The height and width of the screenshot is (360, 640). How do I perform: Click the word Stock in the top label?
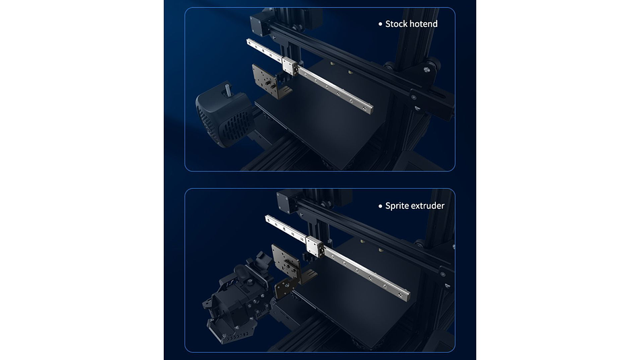pos(396,24)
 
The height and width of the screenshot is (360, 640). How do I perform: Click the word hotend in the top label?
pos(424,24)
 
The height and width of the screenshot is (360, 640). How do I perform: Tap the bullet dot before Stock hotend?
pos(381,24)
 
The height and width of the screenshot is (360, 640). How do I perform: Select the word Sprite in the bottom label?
pos(396,206)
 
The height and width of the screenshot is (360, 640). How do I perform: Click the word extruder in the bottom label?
pos(427,206)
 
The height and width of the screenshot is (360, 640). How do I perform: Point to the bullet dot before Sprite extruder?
pos(381,206)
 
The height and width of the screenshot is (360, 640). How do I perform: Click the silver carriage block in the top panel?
pos(290,66)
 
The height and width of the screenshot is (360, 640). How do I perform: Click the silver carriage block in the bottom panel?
pos(315,245)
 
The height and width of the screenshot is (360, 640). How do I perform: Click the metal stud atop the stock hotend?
pos(226,89)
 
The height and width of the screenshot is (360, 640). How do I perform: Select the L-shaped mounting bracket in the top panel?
pos(269,82)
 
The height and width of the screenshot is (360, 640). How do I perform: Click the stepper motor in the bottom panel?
pos(287,203)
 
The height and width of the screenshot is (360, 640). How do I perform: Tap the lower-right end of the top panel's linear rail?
pos(369,109)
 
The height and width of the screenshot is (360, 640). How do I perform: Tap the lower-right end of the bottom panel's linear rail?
pos(406,295)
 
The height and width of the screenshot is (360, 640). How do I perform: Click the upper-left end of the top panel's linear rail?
pos(249,42)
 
